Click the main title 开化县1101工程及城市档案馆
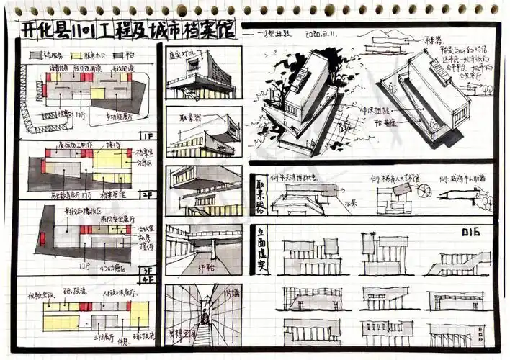pos(126,32)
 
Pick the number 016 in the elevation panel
pos(470,232)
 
